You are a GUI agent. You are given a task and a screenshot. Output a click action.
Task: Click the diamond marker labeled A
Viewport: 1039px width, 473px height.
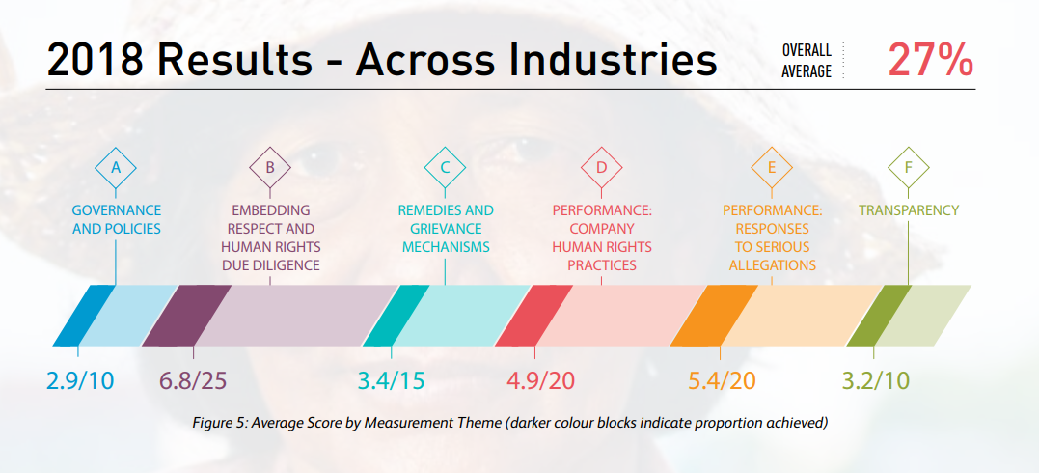[x=116, y=167]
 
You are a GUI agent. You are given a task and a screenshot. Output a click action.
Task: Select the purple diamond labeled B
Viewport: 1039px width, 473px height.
[x=270, y=167]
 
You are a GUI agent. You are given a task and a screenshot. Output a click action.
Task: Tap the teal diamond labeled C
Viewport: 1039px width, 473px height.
[x=446, y=167]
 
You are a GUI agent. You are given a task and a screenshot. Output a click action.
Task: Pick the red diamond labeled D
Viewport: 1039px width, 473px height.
[x=601, y=167]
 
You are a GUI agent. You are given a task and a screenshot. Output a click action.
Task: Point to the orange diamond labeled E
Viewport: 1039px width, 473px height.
[x=772, y=167]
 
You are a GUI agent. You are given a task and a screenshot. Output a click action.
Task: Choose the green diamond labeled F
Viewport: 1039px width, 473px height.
[x=909, y=167]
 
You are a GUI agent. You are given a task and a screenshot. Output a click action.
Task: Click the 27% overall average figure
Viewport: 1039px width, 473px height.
[x=931, y=61]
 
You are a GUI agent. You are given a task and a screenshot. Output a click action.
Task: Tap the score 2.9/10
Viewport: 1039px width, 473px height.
[x=80, y=381]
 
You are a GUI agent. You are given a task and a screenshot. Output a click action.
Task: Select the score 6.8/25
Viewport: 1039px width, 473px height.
[x=193, y=381]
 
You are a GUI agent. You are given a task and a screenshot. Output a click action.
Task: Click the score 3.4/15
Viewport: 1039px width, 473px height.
[x=391, y=381]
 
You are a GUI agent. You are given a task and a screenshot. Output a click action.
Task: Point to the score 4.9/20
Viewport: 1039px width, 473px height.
[x=540, y=381]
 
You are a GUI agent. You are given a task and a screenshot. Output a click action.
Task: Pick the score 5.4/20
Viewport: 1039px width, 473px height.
[x=722, y=381]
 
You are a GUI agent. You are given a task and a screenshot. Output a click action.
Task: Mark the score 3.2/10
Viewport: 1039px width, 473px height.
[x=875, y=381]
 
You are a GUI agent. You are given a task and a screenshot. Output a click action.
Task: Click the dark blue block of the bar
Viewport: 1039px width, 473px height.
[x=84, y=316]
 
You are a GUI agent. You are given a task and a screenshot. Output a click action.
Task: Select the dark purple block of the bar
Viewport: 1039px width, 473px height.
[x=186, y=316]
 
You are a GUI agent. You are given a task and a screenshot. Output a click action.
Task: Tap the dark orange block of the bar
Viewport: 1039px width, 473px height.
[x=714, y=316]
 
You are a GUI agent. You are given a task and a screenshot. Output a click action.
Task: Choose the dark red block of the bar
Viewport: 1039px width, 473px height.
[x=534, y=316]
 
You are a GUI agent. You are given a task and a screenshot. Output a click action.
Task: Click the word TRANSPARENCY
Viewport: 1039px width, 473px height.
[x=909, y=211]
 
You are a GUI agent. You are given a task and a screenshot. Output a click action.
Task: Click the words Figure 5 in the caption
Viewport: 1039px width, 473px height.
[x=217, y=423]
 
